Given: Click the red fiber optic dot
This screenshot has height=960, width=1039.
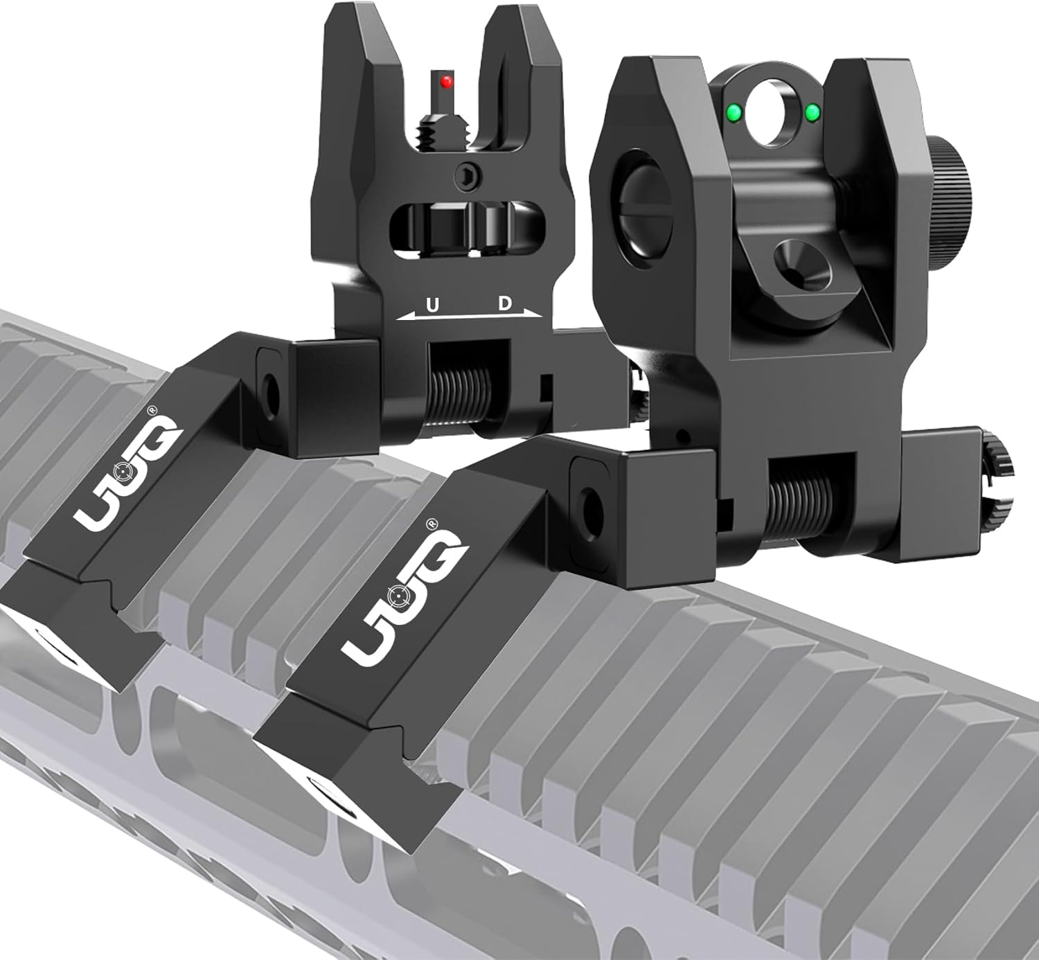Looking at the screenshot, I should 447,83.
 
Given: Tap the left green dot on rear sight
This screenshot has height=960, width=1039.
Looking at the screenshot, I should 731,111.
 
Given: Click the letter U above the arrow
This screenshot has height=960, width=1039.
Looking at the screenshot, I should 432,305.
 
